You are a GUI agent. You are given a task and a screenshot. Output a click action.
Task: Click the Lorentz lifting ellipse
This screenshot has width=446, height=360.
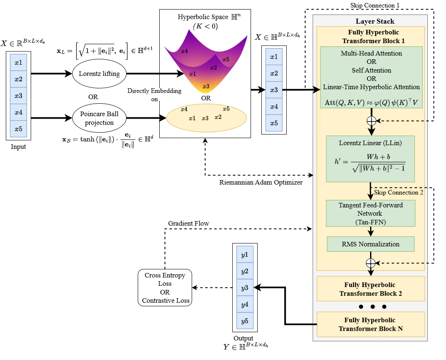point(99,74)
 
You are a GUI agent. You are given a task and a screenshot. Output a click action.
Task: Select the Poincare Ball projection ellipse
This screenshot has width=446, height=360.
point(99,118)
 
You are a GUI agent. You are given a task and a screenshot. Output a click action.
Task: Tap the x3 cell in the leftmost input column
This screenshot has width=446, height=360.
point(18,96)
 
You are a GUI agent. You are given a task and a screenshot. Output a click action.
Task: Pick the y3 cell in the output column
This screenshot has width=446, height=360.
point(245,288)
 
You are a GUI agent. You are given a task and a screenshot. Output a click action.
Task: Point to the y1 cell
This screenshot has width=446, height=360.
point(245,255)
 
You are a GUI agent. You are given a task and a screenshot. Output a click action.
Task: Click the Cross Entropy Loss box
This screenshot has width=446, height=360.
point(165,288)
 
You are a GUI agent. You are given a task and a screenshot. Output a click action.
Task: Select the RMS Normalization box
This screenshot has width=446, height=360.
point(370,244)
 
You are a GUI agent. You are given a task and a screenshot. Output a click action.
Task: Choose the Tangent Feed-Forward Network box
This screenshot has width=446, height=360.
point(370,213)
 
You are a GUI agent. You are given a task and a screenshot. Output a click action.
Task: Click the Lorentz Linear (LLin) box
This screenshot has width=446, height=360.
point(370,159)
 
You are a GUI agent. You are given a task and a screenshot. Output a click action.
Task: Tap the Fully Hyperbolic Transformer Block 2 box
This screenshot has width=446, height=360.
point(370,289)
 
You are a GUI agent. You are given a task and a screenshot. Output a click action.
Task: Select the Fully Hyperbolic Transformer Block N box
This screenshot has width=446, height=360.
point(370,324)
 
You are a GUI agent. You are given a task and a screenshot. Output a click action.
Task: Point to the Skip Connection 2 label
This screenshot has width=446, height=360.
point(399,192)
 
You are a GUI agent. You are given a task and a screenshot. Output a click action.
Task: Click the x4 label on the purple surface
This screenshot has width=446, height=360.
point(184,51)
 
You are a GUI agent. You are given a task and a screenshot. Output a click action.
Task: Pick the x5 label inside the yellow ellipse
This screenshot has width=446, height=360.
point(226,109)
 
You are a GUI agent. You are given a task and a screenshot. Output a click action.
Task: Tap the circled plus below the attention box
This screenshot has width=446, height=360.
point(371,121)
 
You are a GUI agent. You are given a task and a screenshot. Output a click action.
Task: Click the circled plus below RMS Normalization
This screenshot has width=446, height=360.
point(370,263)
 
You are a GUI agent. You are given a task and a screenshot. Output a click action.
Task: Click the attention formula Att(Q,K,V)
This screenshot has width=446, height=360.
point(371,101)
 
